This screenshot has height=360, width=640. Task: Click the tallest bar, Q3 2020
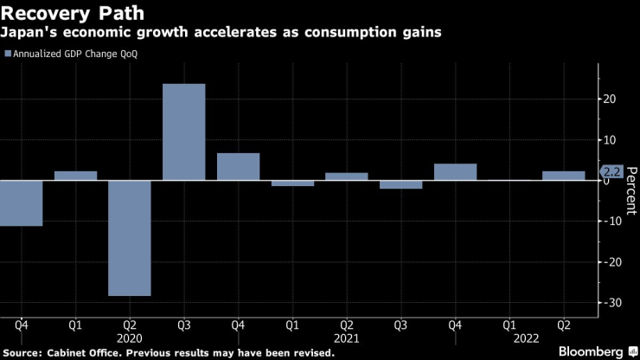coord(184,132)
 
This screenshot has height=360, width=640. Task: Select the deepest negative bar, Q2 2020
coord(130,238)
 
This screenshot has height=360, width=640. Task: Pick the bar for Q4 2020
coord(238,166)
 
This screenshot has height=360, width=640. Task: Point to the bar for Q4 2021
coord(455,171)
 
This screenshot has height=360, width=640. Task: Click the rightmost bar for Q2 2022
coord(563,176)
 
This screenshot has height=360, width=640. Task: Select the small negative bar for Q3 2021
coord(400,184)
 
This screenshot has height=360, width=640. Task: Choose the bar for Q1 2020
coord(75,176)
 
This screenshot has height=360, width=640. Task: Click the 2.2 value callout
coord(611,171)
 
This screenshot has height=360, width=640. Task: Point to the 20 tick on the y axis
coord(610,99)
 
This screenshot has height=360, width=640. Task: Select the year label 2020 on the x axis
coord(130,340)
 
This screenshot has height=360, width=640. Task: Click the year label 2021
coord(346,340)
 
